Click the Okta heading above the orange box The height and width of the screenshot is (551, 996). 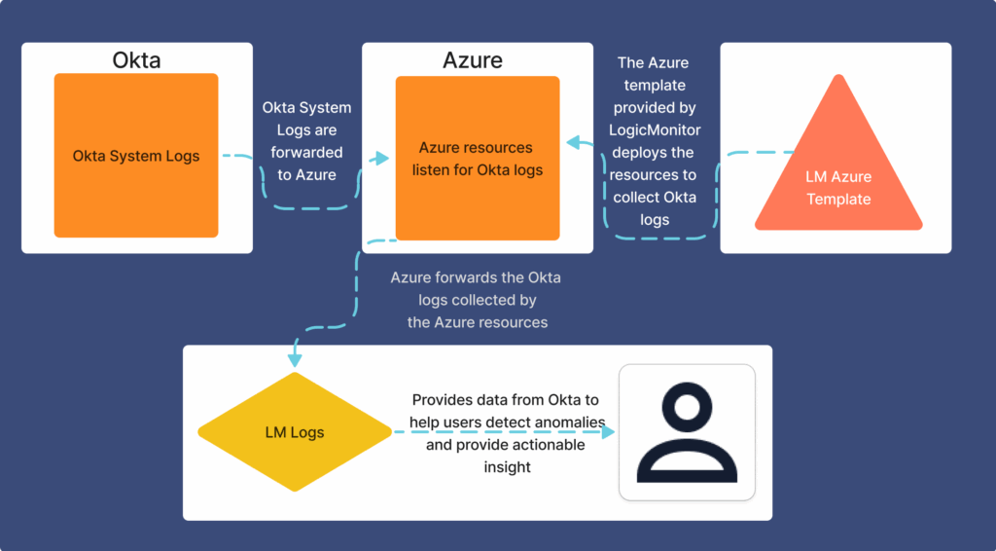[136, 59]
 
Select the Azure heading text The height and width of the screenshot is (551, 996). [473, 59]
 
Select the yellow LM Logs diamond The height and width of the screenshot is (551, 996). [295, 432]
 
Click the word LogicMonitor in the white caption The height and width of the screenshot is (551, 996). [655, 129]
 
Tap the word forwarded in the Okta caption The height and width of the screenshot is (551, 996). [306, 152]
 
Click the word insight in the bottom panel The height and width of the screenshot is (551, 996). [507, 467]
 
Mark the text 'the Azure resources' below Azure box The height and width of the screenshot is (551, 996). [477, 322]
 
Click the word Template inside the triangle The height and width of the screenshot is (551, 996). [838, 199]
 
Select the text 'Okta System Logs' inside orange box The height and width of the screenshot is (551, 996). [136, 156]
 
